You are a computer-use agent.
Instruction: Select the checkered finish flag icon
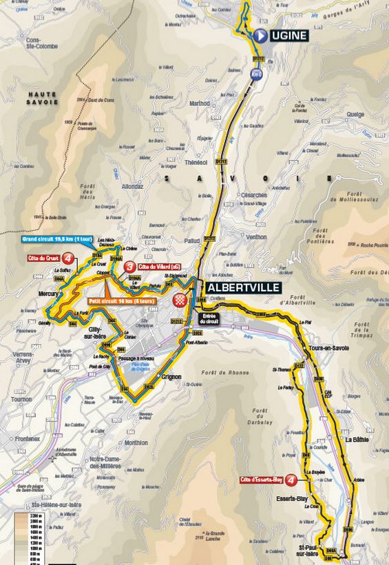tap(180, 300)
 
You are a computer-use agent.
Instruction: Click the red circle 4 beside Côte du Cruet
tap(67, 259)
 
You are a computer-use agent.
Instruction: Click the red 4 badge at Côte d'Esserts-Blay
tap(293, 480)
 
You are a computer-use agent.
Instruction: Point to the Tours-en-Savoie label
tap(329, 349)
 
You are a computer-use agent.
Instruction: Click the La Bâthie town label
tap(358, 439)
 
